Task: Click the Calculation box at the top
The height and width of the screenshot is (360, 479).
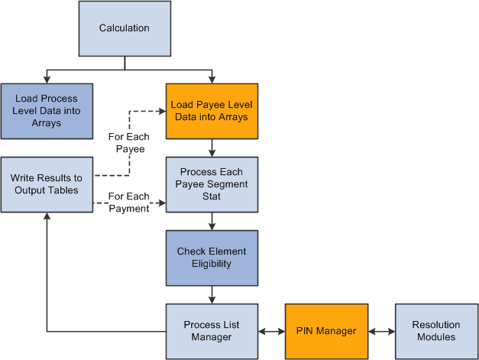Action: (125, 29)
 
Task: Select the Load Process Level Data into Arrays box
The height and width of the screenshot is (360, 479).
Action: (47, 111)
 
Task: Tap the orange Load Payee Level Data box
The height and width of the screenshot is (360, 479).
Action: (212, 111)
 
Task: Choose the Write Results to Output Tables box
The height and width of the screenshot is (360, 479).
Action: (47, 184)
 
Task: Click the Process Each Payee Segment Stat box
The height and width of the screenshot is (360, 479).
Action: (212, 184)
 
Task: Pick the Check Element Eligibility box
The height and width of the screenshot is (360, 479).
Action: (212, 258)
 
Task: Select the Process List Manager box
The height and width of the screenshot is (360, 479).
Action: (212, 331)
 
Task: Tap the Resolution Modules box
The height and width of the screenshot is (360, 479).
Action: (436, 331)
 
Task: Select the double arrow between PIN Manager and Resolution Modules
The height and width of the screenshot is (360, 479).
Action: (380, 332)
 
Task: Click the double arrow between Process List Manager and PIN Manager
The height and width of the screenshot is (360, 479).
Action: (271, 332)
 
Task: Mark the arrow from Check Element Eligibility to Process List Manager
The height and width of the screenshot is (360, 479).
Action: (212, 294)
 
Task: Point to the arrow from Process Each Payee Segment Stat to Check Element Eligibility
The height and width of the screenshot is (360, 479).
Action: (212, 221)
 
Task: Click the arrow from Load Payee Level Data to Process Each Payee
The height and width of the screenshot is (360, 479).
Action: (212, 148)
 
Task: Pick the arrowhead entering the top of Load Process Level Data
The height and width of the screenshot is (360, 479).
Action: (47, 79)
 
